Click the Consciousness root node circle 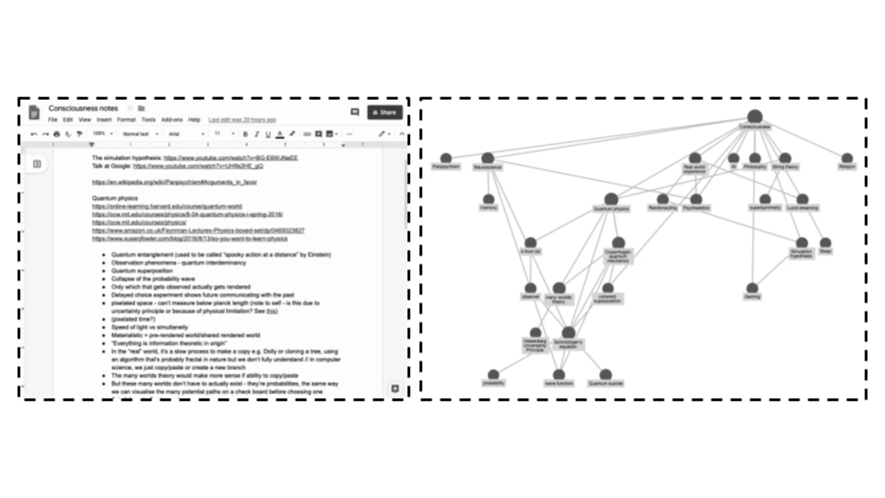point(755,116)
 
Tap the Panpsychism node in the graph point(446,159)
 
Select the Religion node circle point(847,159)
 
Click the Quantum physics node point(611,199)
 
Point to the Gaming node point(752,289)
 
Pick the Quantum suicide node point(606,375)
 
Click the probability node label point(493,383)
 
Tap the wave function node point(559,375)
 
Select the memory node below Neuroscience point(488,200)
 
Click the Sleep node point(825,243)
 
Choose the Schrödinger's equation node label point(568,344)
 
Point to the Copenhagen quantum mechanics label point(618,256)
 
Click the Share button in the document point(384,112)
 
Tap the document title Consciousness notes point(83,108)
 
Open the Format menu point(126,120)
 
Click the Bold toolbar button point(245,134)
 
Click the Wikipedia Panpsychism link point(174,182)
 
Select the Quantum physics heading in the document point(115,198)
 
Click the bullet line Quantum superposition point(142,271)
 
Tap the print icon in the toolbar point(57,134)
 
